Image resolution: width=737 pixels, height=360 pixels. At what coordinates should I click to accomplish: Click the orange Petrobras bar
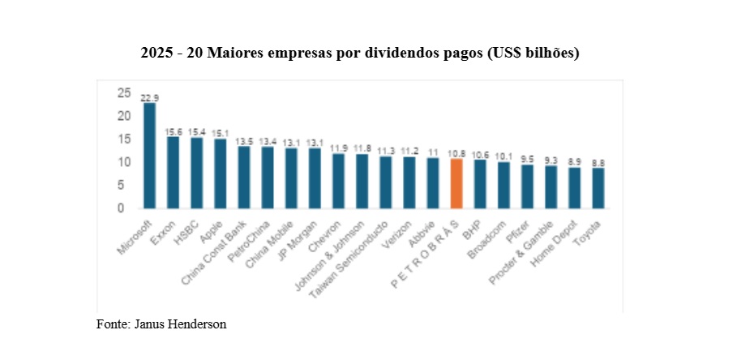click(456, 183)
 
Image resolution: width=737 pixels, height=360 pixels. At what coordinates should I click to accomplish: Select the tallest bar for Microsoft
click(150, 156)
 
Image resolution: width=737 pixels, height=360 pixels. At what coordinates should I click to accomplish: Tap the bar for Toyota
click(598, 188)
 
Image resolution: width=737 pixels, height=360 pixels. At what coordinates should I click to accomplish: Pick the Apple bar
click(221, 174)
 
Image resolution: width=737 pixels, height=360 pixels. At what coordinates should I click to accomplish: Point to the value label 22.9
click(150, 97)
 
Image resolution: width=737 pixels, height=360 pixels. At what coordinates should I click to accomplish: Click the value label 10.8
click(456, 153)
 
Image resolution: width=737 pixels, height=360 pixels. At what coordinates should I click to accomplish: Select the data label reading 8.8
click(598, 163)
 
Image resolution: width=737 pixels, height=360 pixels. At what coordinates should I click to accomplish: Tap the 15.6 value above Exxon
click(174, 131)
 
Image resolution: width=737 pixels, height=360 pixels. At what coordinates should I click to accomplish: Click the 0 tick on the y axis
click(120, 208)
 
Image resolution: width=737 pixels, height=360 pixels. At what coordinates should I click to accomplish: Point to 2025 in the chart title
click(156, 53)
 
